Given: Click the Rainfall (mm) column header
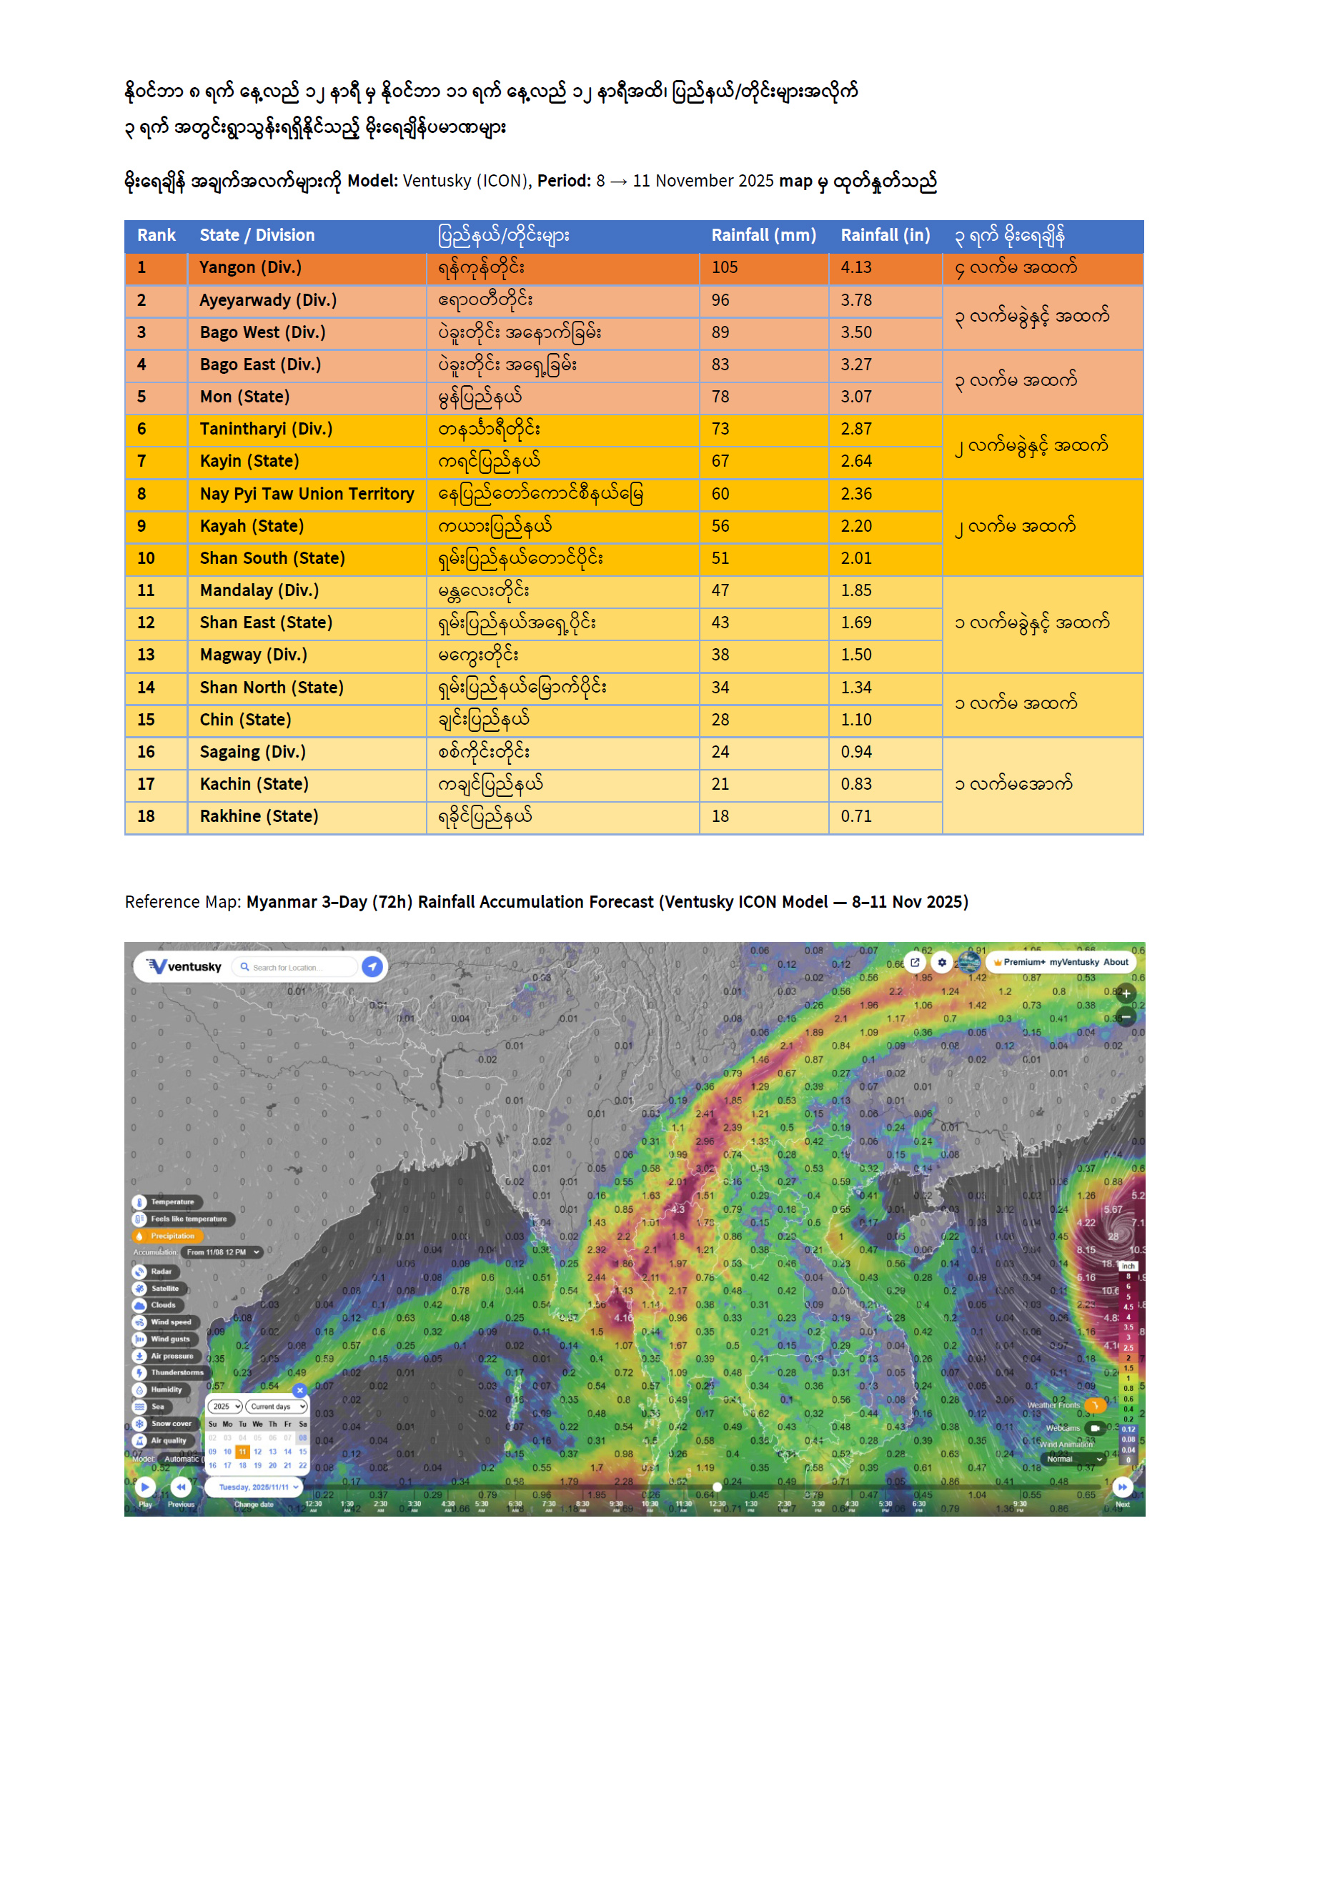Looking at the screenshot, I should (763, 236).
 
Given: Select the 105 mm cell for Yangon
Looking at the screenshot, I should (724, 267).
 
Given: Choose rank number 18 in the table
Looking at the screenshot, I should (146, 817).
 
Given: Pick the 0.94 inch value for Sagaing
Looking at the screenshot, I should (856, 752).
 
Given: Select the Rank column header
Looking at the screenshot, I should (157, 236).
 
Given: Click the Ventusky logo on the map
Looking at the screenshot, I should (184, 966).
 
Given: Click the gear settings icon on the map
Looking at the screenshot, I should (942, 963).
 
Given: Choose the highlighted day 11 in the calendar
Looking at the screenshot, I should (242, 1452).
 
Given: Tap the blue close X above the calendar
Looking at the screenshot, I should (299, 1390).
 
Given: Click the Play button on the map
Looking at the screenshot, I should (145, 1486).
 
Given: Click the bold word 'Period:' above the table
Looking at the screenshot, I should (563, 181).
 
